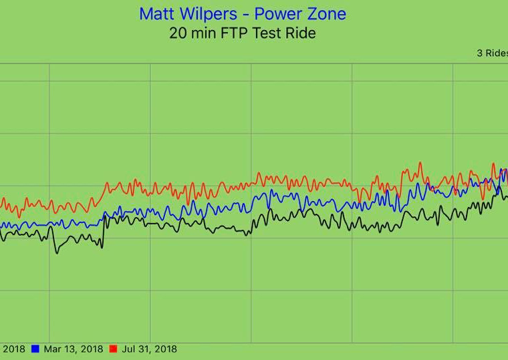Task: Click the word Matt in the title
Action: click(x=155, y=13)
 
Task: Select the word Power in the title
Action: click(x=281, y=13)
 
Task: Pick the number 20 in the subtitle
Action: click(x=178, y=33)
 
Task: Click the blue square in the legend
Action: click(x=35, y=349)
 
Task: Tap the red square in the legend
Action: click(x=113, y=349)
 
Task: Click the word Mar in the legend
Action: click(x=53, y=349)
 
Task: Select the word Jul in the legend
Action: click(x=129, y=349)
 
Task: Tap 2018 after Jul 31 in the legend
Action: click(x=164, y=349)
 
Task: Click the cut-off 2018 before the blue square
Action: click(x=13, y=349)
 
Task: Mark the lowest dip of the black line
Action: click(x=56, y=252)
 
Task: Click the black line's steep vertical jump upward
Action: click(x=103, y=230)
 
